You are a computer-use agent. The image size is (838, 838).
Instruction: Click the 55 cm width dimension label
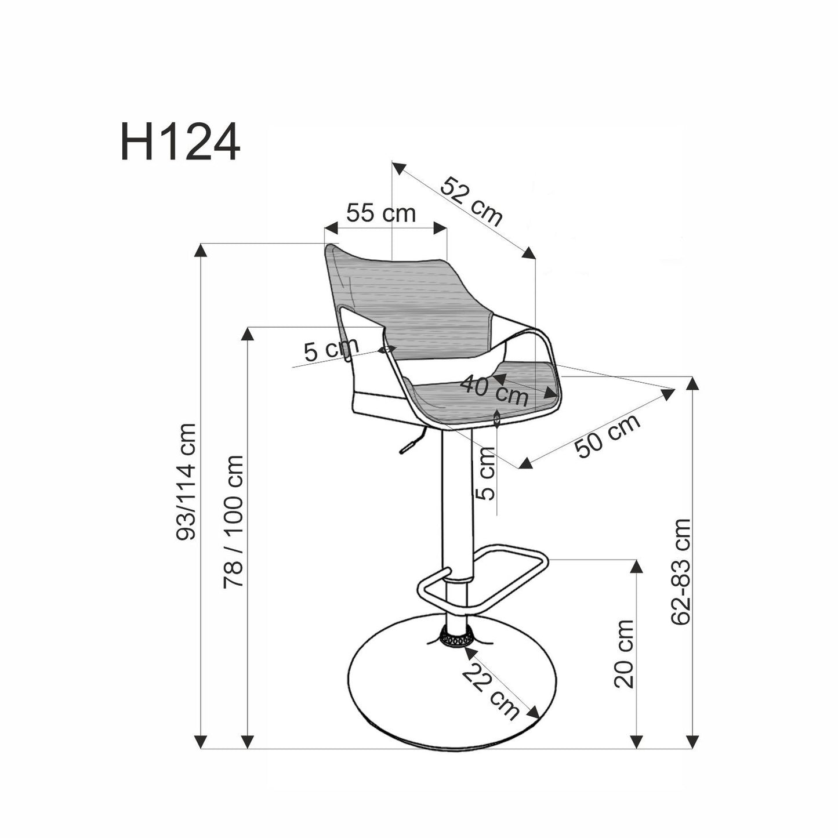tap(381, 213)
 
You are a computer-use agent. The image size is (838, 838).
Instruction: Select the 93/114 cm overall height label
tap(187, 481)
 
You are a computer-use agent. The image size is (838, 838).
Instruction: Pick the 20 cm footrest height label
tap(624, 654)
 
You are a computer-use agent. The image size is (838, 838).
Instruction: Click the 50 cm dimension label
tap(608, 436)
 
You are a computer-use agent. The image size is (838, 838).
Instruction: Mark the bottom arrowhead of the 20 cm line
tap(637, 741)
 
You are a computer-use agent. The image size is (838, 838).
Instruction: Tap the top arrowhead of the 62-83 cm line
tap(691, 383)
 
